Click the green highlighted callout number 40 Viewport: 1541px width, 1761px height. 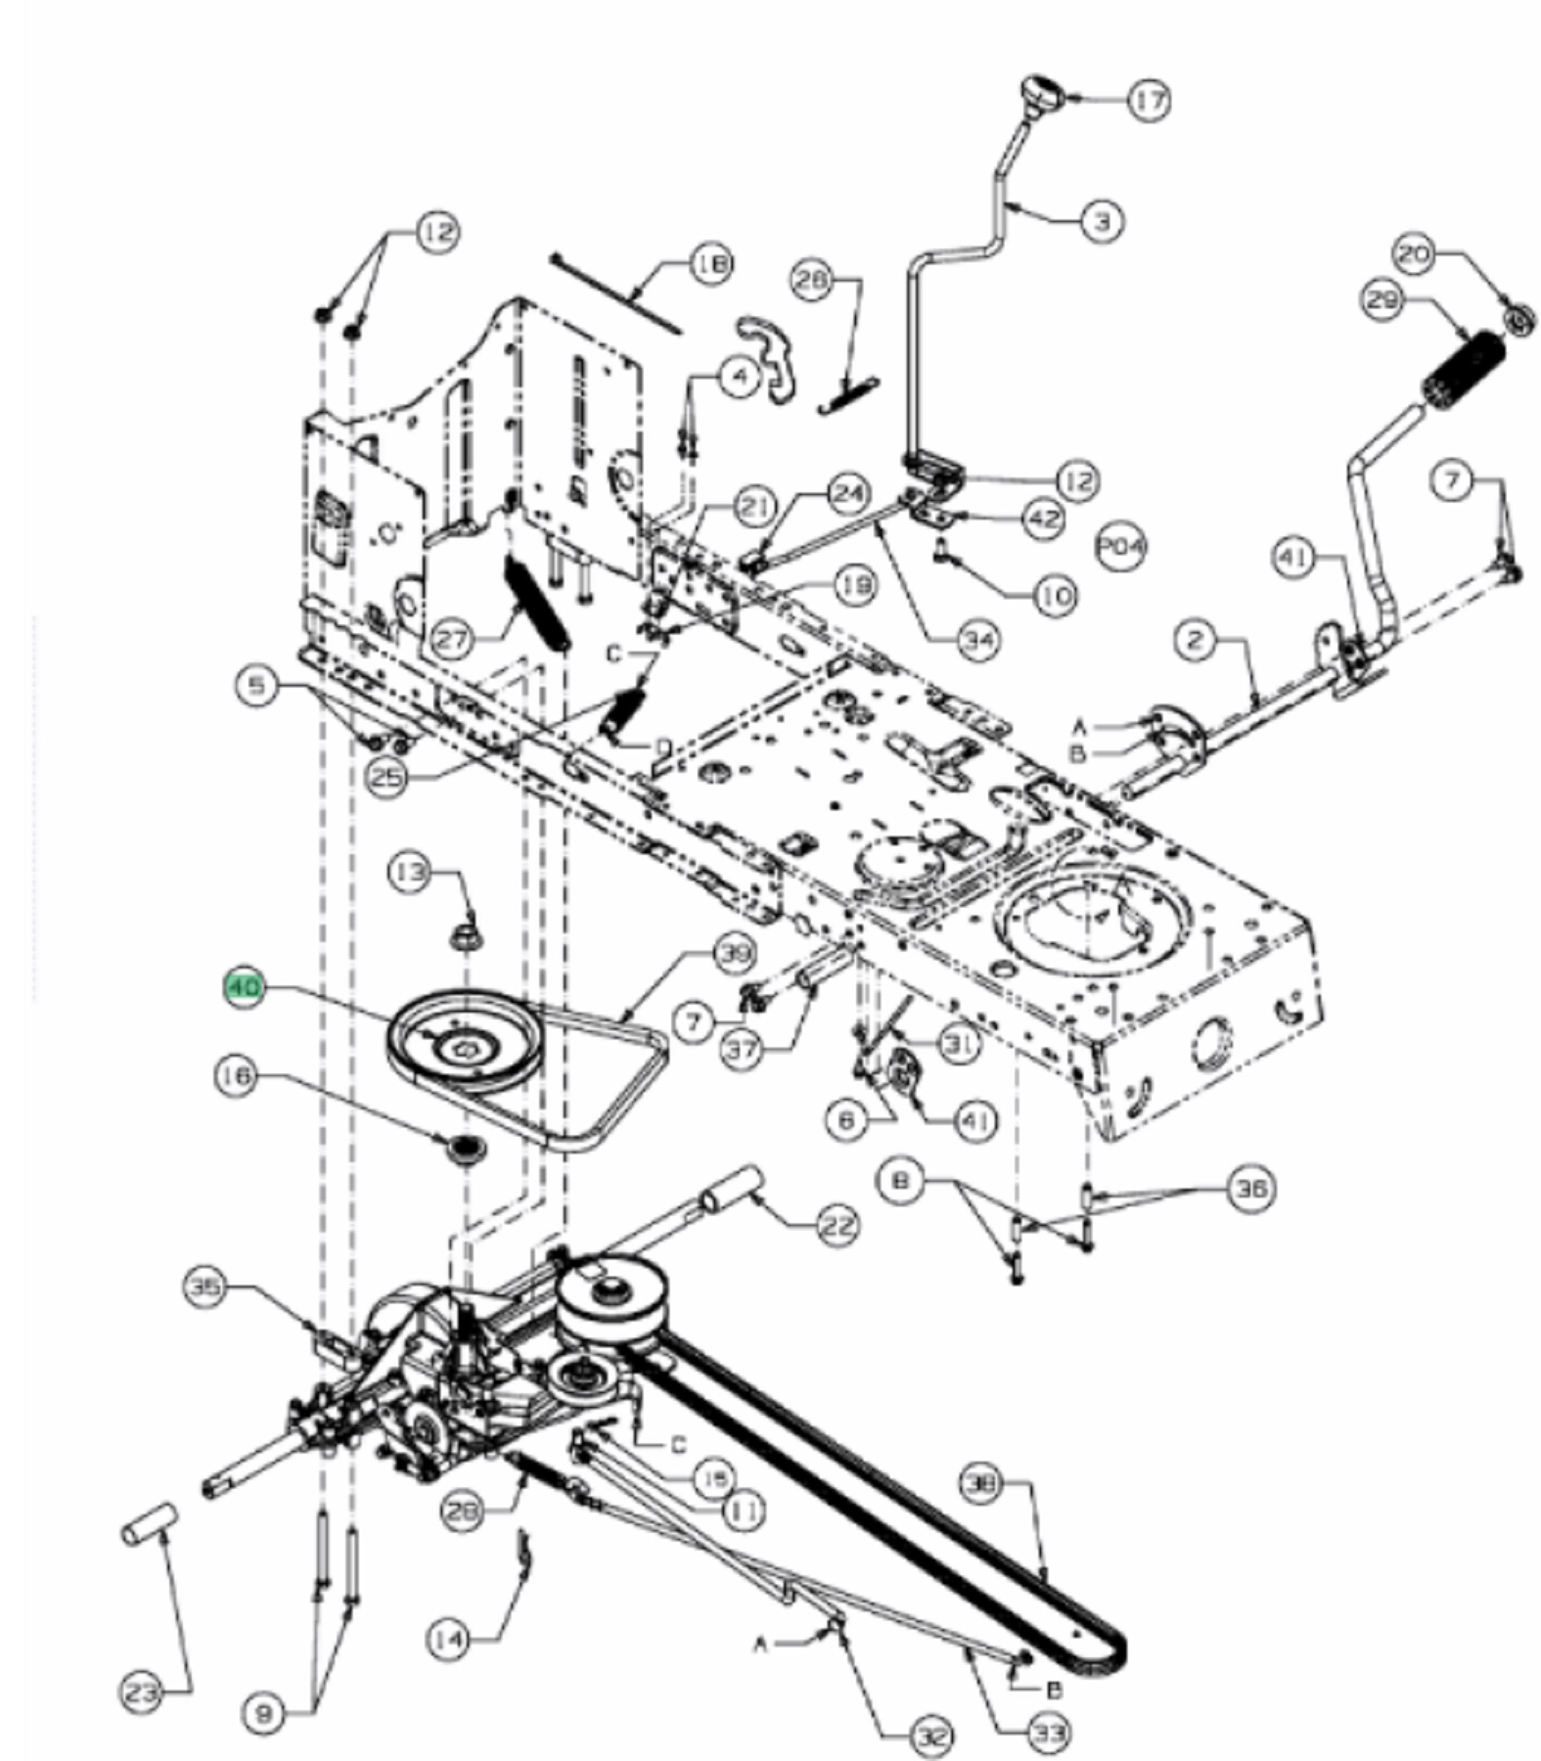[245, 988]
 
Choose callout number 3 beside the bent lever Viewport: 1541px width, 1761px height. [1102, 219]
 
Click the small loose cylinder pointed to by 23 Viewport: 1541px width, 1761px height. [149, 1524]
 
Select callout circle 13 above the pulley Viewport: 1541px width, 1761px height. [410, 872]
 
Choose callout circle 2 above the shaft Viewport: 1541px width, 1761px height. [1195, 641]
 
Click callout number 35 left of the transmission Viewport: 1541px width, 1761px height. [206, 1286]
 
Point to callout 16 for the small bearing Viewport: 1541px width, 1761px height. [238, 1076]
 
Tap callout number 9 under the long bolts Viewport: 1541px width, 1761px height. [263, 1713]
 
